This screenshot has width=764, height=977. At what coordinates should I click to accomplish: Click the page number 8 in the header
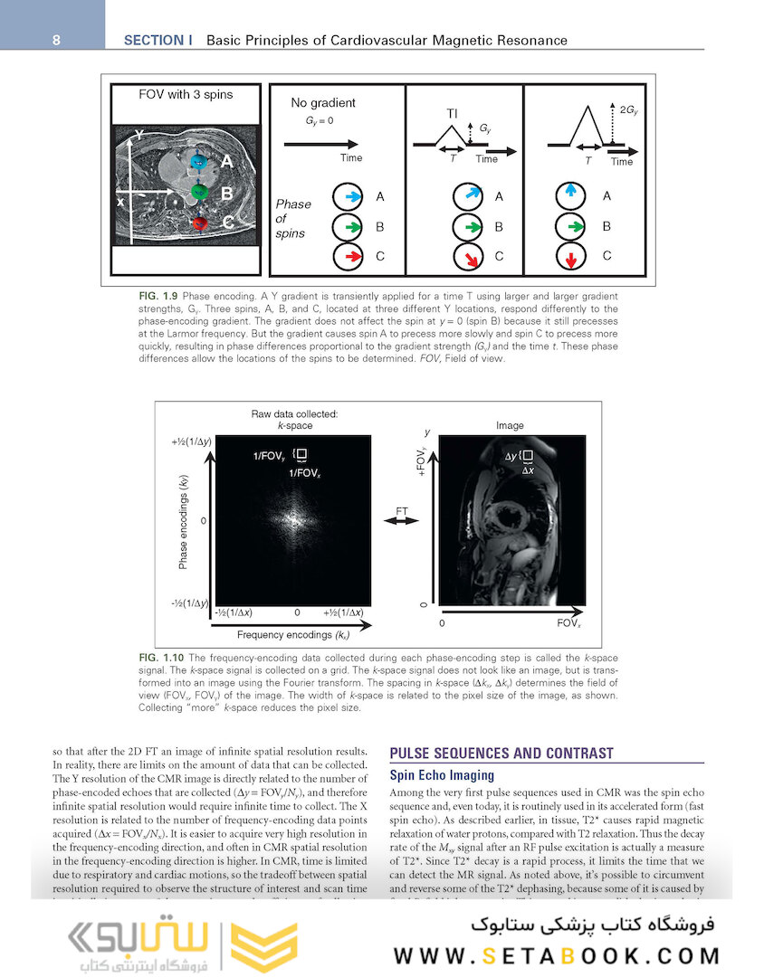tap(56, 40)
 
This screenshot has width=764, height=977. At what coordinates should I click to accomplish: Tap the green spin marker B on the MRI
tap(200, 192)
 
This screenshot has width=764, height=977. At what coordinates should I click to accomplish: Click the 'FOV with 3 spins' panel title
tap(185, 94)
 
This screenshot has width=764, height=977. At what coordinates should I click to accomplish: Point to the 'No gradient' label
tap(323, 103)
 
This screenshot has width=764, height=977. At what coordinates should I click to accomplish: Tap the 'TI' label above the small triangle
tap(452, 114)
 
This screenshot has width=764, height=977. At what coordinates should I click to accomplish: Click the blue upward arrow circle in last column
tap(570, 195)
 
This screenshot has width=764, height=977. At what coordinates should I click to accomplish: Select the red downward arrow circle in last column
tap(570, 257)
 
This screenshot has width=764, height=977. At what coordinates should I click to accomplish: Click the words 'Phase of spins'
tap(293, 218)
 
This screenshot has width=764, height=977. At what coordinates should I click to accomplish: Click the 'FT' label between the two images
tap(402, 512)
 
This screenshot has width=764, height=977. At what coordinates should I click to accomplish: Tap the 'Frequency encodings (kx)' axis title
tap(293, 635)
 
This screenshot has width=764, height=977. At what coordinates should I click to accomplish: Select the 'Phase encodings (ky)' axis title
tap(183, 521)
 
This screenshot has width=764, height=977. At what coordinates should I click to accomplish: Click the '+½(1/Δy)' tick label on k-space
tap(190, 441)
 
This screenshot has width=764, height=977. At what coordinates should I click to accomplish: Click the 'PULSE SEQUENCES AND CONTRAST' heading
tap(501, 753)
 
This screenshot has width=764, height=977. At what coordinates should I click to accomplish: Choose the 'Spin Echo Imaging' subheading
tap(441, 775)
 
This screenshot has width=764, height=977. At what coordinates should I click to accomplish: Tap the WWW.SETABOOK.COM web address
tap(558, 955)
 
